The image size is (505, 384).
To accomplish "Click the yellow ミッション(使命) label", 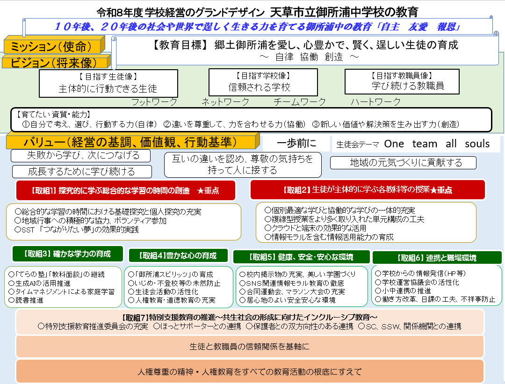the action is pos(54,45).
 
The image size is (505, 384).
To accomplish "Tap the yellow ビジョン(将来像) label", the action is pos(56,62).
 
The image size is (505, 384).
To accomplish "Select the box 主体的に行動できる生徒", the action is pos(108,83).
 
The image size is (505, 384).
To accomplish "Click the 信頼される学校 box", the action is pos(263,82).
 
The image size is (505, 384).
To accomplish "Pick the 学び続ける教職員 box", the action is pos(402,81).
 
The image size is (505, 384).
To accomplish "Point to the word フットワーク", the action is pos(154,102).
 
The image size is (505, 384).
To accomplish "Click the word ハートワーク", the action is pos(375,102).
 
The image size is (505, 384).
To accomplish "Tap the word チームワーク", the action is pos(300,102).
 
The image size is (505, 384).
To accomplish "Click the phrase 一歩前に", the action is pos(296,143).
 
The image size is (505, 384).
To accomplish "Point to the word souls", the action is pos(477,144).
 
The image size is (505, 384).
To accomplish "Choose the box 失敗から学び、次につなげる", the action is pos(80,156).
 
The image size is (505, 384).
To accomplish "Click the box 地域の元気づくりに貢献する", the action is pos(403,163).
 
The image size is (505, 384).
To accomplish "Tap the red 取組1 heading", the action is pos(126,190).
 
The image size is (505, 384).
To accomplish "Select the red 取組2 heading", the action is pos(368,190).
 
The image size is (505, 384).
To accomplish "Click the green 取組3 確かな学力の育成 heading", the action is pos(68,254).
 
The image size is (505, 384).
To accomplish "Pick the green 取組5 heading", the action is pos(301,257).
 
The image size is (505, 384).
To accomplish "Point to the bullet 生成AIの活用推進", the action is pos(39,283).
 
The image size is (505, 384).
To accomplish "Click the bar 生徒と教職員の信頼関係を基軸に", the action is pos(250,347).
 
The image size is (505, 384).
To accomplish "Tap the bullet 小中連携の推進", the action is pos(403,290).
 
